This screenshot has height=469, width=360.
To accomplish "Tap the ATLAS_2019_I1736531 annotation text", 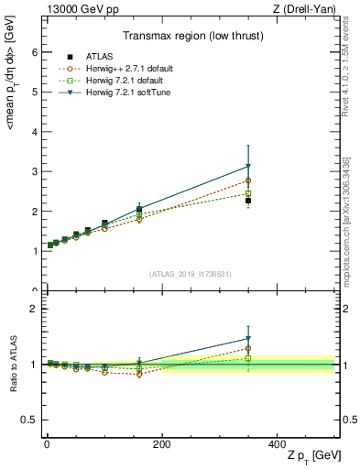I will tap(190, 274).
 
